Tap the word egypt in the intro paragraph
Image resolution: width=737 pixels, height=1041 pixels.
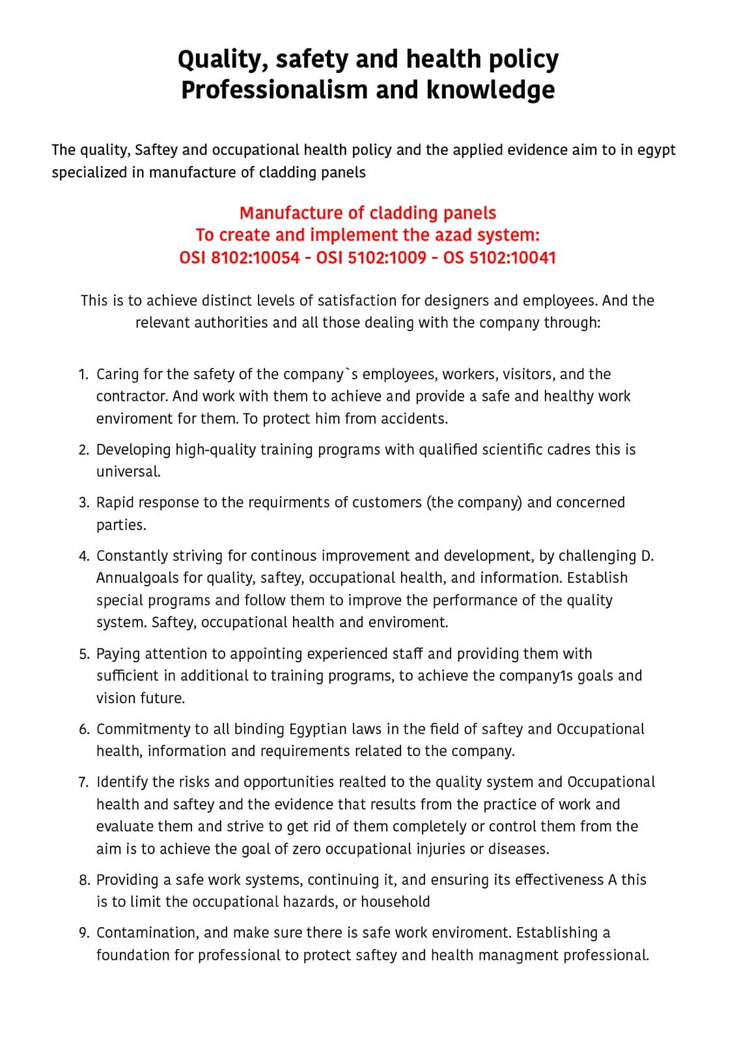656,150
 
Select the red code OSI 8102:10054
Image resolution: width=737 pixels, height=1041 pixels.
239,258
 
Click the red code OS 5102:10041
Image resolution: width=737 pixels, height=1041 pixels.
499,258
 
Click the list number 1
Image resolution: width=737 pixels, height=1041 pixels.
83,375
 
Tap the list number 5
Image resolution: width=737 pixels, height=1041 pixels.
83,654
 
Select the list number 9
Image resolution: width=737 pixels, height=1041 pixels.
83,933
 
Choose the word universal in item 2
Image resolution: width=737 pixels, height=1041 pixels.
128,472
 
